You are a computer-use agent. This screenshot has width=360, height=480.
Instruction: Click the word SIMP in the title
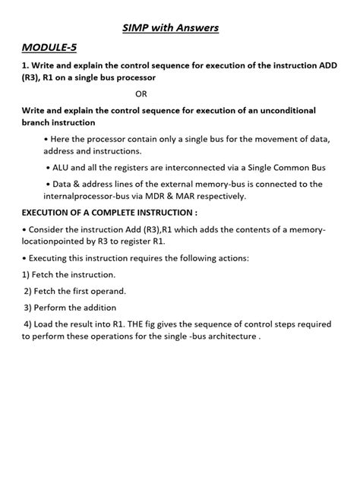[137, 28]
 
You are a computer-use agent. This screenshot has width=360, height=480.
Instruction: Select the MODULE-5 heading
[50, 48]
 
